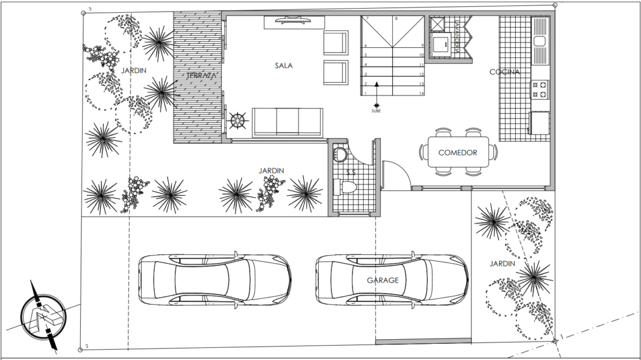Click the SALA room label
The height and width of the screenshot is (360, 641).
[x=284, y=66]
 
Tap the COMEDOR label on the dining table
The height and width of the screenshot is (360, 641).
[x=457, y=153]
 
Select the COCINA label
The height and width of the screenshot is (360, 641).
[x=504, y=72]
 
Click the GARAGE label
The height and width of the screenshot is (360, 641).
[x=383, y=280]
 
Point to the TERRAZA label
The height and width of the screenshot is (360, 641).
[x=201, y=76]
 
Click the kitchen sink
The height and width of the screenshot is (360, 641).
[x=540, y=40]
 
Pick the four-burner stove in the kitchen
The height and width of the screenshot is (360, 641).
[x=540, y=89]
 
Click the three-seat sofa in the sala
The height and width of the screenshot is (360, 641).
[x=287, y=122]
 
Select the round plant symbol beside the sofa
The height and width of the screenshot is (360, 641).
[x=238, y=121]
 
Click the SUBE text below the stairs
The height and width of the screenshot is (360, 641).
[x=376, y=111]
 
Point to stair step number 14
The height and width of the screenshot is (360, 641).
[x=422, y=93]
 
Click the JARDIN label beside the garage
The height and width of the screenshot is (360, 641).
[x=502, y=263]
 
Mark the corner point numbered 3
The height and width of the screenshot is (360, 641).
[x=84, y=12]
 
